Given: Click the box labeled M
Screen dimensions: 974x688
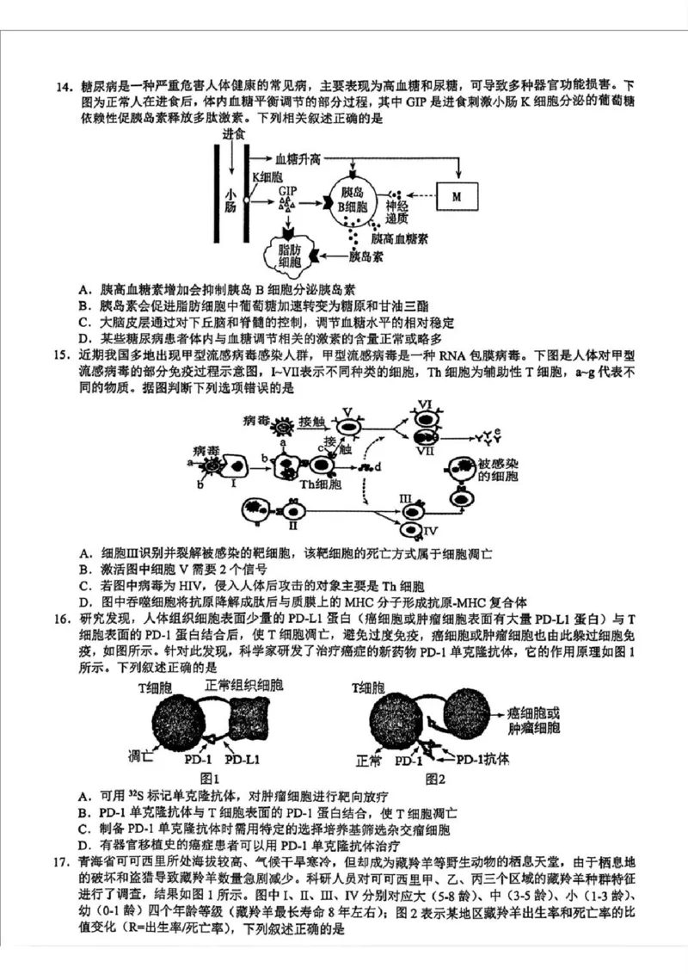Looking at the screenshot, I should click(x=458, y=195).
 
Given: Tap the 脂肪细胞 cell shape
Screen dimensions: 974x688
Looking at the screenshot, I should click(x=284, y=255).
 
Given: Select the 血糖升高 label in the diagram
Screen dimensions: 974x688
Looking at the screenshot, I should click(x=298, y=160).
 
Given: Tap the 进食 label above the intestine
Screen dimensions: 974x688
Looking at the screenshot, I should click(x=232, y=134).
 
